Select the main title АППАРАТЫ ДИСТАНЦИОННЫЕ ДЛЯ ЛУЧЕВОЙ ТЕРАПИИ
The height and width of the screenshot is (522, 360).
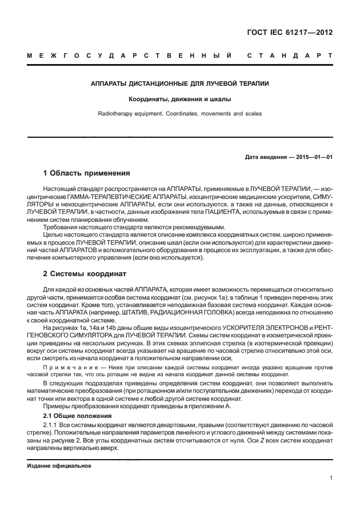180,83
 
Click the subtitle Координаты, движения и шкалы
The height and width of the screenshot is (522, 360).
180,99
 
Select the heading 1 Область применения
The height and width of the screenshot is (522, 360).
87,173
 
